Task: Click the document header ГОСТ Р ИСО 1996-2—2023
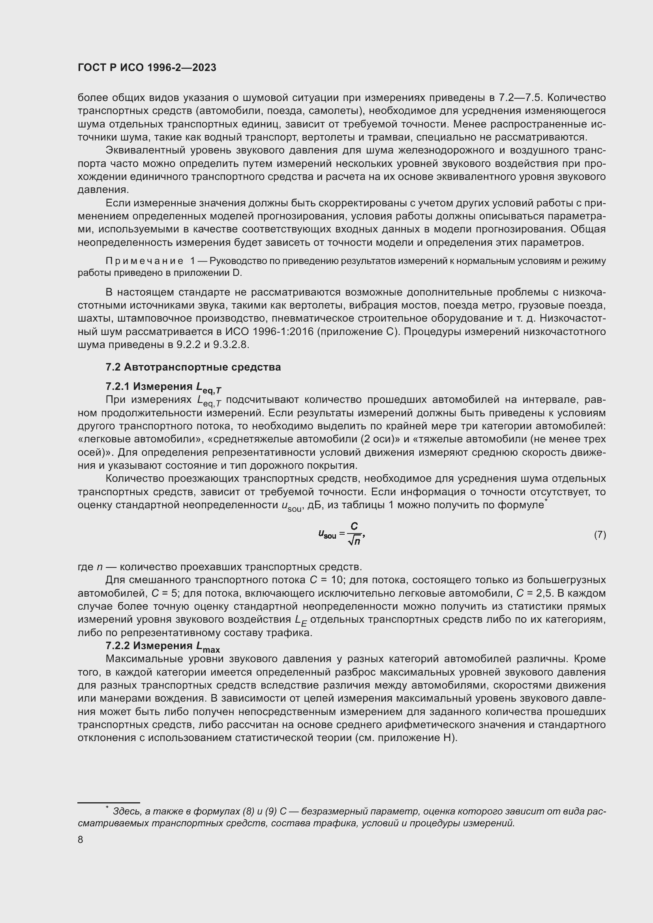[x=147, y=67]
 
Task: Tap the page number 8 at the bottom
[x=81, y=840]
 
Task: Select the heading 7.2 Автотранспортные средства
[x=193, y=367]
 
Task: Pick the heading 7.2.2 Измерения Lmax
[x=162, y=646]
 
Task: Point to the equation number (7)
[x=600, y=535]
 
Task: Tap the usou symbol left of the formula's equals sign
[x=327, y=534]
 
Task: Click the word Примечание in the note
[x=144, y=261]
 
